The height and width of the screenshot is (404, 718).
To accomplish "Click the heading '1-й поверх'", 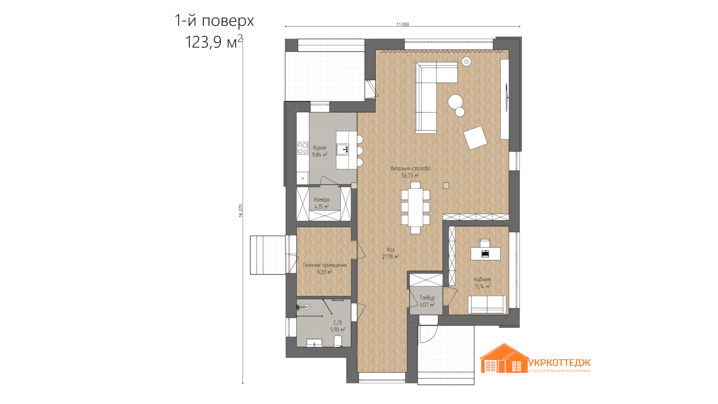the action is [214, 21].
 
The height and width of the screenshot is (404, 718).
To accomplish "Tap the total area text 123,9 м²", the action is [214, 42].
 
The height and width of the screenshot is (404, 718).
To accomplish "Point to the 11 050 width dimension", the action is [403, 24].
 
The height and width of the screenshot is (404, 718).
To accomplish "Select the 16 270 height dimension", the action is [240, 211].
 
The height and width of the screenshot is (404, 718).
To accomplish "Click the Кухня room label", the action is [320, 148].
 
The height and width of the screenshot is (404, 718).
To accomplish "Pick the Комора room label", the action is [322, 200].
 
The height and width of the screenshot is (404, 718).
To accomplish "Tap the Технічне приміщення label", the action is [325, 265].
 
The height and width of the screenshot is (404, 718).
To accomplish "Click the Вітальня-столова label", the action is [410, 169].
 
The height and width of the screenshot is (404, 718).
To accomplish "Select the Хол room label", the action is [390, 250].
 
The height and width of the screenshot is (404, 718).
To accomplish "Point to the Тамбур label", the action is [427, 298].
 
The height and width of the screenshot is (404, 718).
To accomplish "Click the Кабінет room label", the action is [482, 279].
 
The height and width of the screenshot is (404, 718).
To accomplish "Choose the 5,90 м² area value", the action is [338, 330].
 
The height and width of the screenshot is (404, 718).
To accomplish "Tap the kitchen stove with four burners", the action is [303, 148].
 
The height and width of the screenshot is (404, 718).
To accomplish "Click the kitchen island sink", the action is [343, 149].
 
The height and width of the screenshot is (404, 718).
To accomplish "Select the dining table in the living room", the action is [415, 207].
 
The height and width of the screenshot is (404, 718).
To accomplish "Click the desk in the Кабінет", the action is [485, 254].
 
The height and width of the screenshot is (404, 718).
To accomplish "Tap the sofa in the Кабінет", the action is [487, 304].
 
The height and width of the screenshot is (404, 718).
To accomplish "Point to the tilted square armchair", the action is [475, 138].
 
